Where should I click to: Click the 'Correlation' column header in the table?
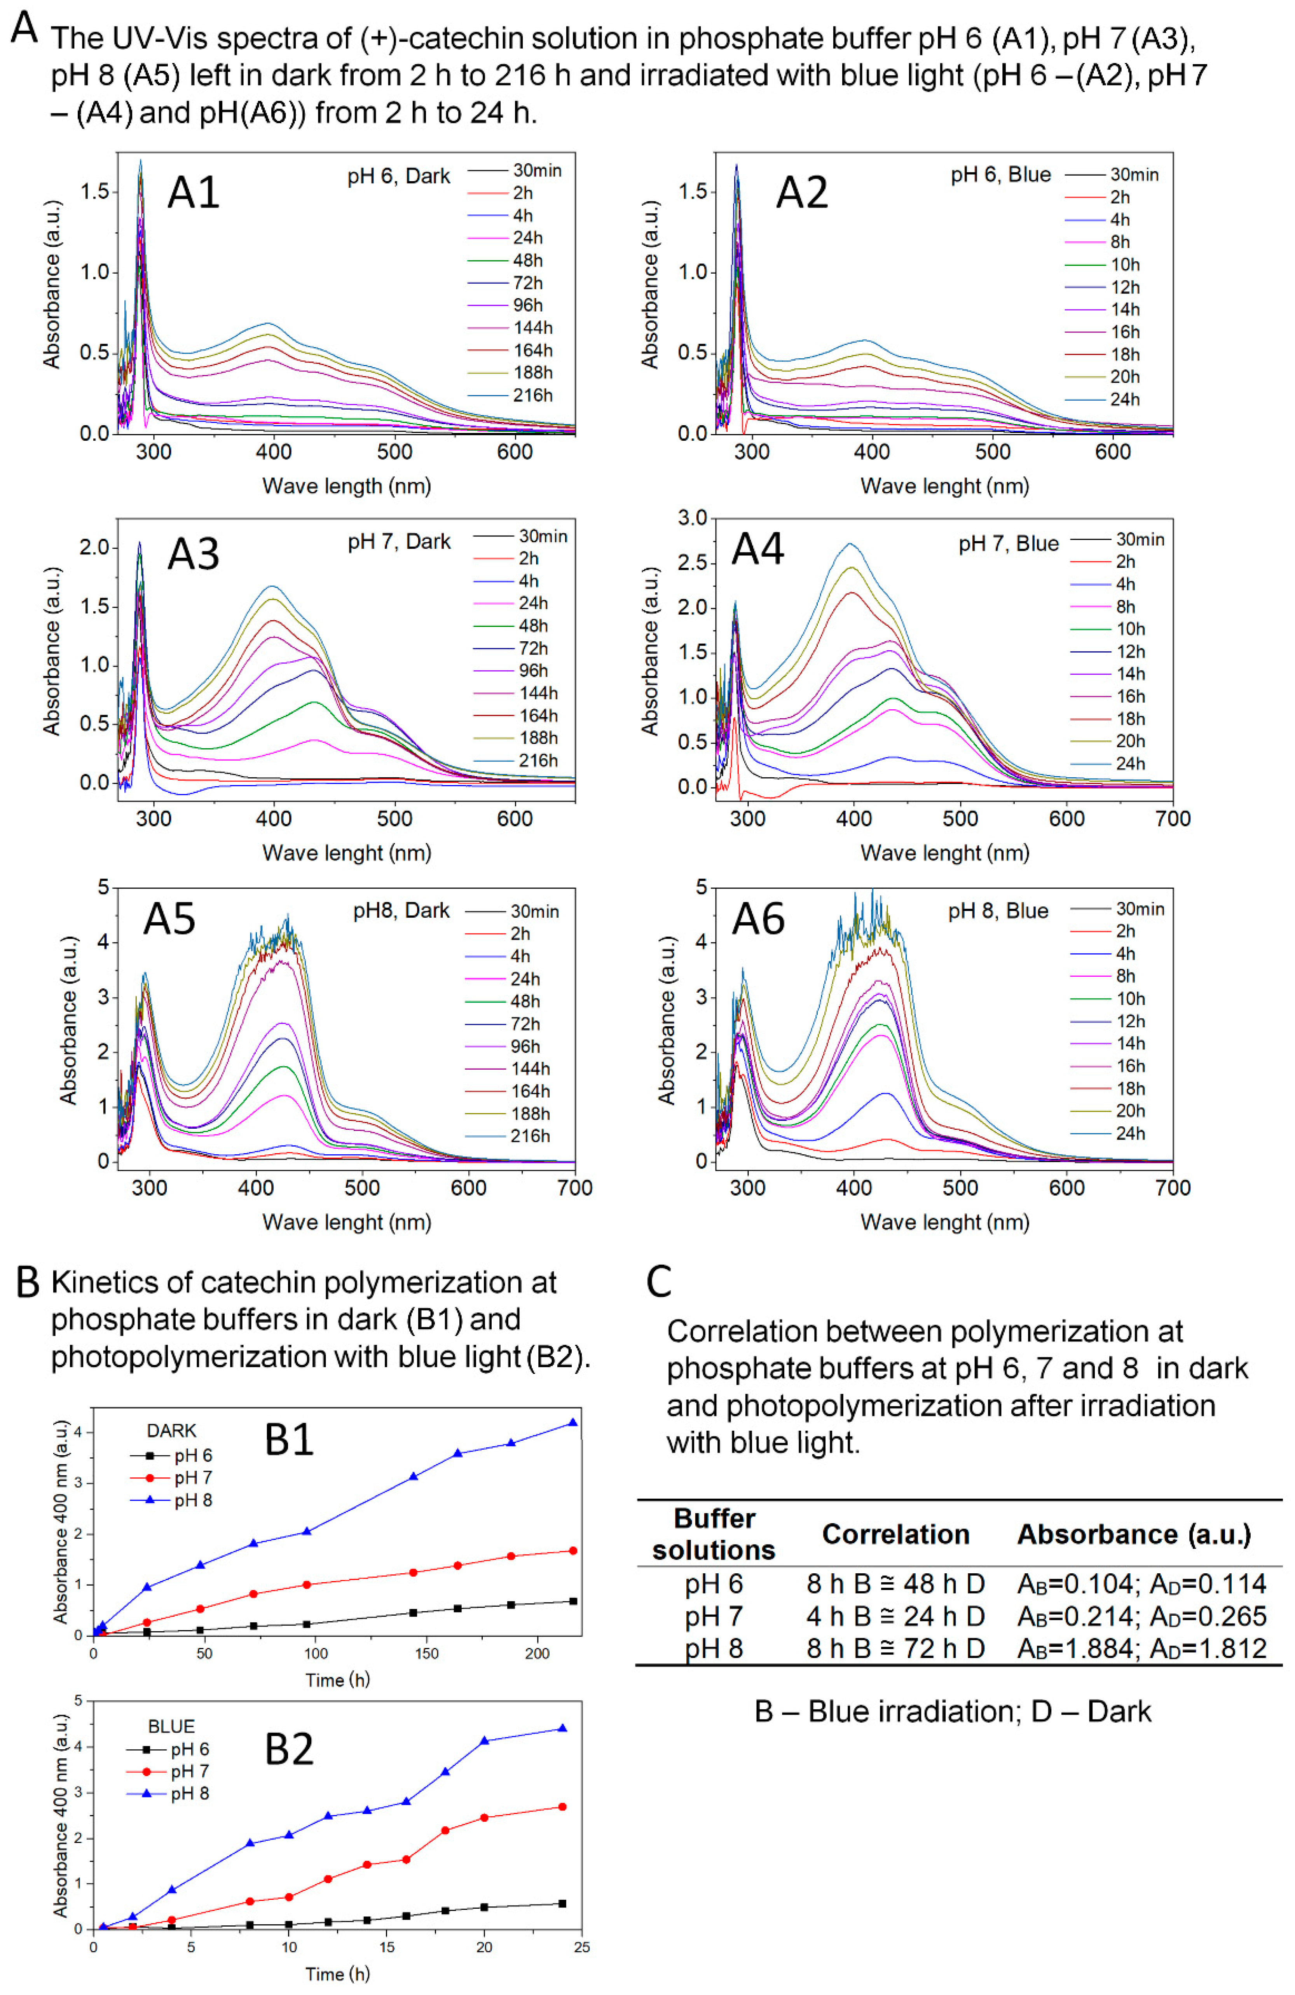tap(895, 1534)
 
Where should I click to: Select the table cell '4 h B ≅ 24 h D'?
tap(895, 1616)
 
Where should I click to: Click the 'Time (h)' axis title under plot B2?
tap(337, 1974)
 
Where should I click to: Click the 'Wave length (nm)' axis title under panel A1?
tap(346, 486)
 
